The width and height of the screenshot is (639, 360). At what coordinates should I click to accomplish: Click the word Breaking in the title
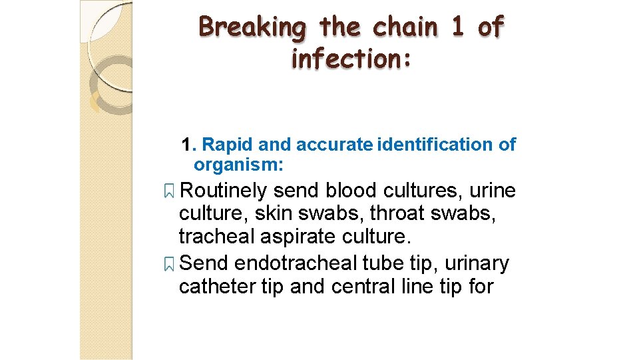click(x=253, y=28)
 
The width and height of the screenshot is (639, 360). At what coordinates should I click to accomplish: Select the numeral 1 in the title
click(x=457, y=27)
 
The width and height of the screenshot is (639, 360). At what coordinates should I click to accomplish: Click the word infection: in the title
click(x=351, y=59)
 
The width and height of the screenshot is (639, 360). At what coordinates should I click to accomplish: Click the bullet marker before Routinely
click(x=169, y=192)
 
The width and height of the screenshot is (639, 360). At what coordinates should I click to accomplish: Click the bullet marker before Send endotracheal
click(x=169, y=265)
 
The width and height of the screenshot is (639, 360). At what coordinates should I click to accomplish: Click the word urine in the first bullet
click(x=492, y=191)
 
